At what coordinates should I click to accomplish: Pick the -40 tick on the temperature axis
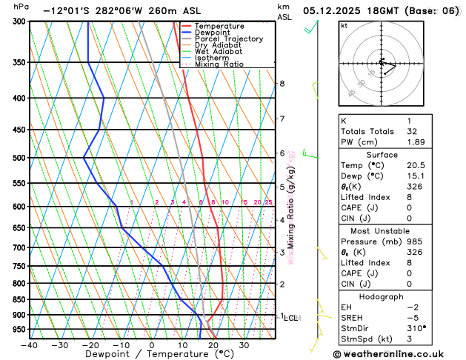point(30,345)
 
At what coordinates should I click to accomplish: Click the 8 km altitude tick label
point(282,84)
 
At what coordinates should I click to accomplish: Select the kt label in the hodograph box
point(344,25)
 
